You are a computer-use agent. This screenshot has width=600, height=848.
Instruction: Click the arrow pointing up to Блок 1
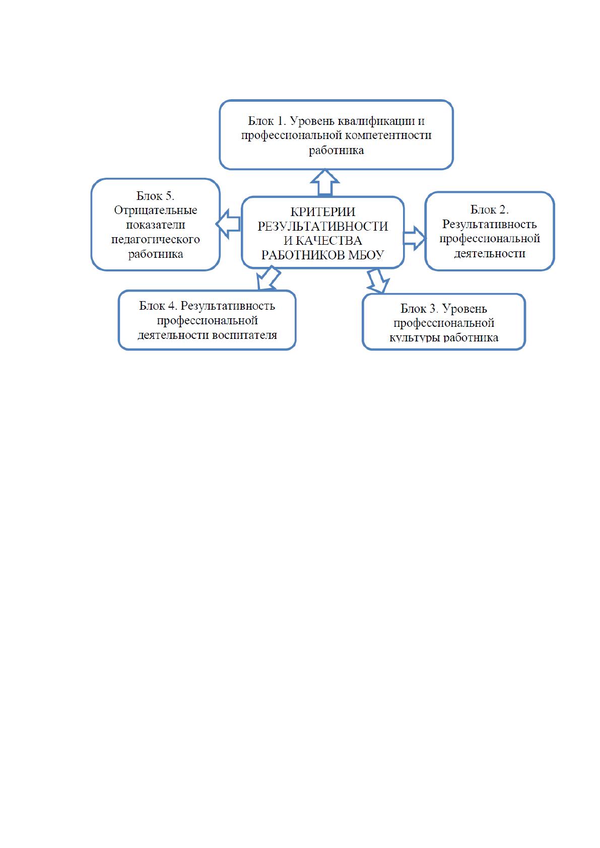coord(324,182)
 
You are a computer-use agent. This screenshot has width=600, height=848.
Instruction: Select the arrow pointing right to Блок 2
coord(415,238)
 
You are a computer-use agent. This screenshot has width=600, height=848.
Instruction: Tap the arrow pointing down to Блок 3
coord(378,281)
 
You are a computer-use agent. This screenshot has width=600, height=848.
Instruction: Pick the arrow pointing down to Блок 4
coord(268,278)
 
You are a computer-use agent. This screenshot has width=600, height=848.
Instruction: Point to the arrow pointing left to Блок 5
coord(228,224)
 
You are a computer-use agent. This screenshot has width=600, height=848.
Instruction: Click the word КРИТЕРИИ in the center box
coord(323,211)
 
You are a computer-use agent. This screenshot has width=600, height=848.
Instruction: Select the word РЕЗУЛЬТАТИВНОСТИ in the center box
coord(323,227)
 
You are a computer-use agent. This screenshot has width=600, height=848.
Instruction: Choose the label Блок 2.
coord(489,209)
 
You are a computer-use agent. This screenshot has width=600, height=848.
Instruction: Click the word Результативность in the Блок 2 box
coord(489,225)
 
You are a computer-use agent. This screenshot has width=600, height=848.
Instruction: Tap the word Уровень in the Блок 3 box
coord(464,309)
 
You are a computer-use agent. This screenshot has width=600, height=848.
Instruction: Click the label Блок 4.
coord(158,306)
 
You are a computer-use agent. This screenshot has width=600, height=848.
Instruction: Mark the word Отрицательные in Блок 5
coord(155,210)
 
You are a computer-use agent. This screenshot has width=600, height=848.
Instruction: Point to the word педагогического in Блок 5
coord(155,240)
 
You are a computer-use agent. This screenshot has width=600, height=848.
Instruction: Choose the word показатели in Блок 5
coord(155,225)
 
